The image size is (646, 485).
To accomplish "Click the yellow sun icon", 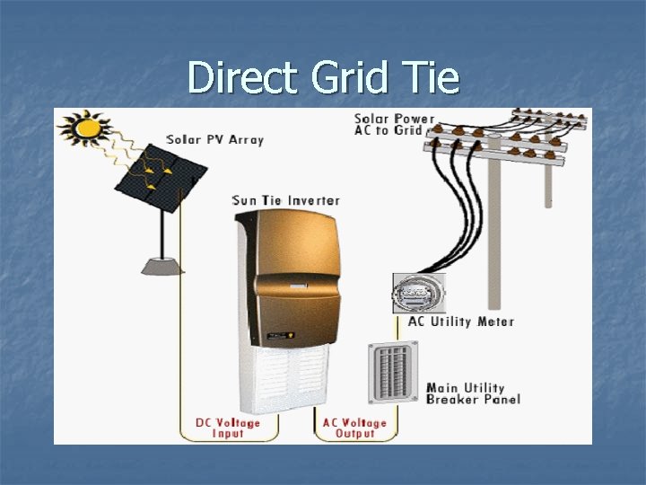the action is click(87, 128).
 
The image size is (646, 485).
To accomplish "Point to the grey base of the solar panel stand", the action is click(161, 265).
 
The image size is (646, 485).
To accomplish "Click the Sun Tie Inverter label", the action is click(285, 199).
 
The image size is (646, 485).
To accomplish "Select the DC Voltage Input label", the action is click(228, 428).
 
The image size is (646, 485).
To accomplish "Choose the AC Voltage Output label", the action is click(355, 428).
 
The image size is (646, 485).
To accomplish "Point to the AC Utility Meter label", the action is click(460, 322).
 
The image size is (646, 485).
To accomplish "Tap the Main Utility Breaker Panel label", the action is click(473, 393).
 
